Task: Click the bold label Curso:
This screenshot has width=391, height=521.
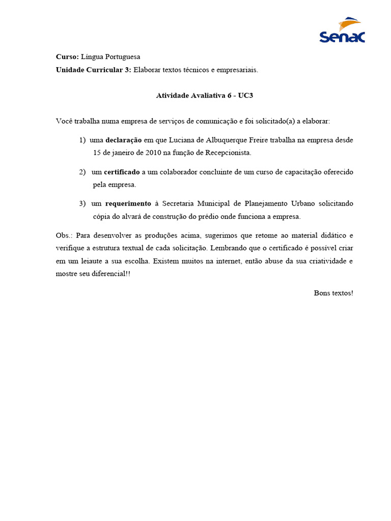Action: coord(67,57)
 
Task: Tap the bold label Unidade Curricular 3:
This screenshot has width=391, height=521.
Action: coord(94,70)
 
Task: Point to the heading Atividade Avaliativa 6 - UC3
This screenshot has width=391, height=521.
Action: coord(204,95)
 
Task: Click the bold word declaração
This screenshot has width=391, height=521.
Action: coord(123,140)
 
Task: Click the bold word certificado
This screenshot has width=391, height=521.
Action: coord(122,172)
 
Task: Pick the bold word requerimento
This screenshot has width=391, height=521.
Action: coord(128,204)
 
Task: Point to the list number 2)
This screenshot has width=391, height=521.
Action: coord(82,172)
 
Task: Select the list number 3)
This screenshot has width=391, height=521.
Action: coord(82,204)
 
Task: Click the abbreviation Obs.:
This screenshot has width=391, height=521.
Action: coord(64,235)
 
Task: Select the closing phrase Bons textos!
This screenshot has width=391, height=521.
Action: coord(333,293)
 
